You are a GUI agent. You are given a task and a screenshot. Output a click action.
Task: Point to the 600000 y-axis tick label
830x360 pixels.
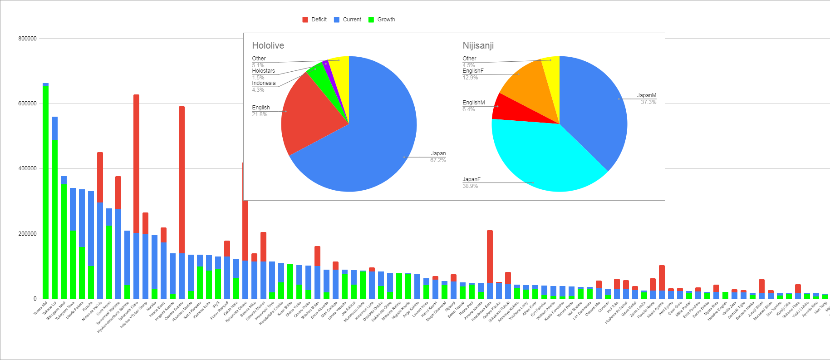tap(27, 104)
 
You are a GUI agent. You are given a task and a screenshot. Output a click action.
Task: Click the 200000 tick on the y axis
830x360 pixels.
tap(27, 234)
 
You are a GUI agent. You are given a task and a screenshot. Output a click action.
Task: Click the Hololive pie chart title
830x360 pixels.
tap(268, 45)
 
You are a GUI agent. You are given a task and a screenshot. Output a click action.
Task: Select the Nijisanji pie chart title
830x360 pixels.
tap(478, 45)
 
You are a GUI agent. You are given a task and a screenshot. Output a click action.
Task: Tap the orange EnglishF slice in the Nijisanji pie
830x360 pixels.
tap(526, 86)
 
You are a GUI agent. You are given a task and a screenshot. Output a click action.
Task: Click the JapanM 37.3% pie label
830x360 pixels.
tap(647, 99)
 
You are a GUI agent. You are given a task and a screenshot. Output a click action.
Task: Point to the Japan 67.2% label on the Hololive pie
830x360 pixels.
tap(438, 157)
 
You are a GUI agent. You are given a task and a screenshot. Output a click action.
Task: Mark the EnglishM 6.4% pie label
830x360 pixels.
tap(473, 106)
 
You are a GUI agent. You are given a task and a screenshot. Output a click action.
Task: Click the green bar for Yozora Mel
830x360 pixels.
tap(45, 191)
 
